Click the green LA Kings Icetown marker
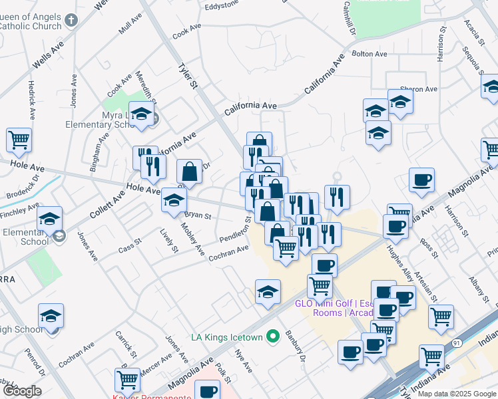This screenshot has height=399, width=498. [272, 338]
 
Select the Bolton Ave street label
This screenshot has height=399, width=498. [370, 54]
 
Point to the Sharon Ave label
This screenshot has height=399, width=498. [419, 89]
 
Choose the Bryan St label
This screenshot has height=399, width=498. [198, 215]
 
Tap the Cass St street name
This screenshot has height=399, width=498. [129, 247]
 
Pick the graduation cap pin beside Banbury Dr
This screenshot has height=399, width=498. [268, 292]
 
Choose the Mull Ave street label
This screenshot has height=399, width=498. [130, 25]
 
